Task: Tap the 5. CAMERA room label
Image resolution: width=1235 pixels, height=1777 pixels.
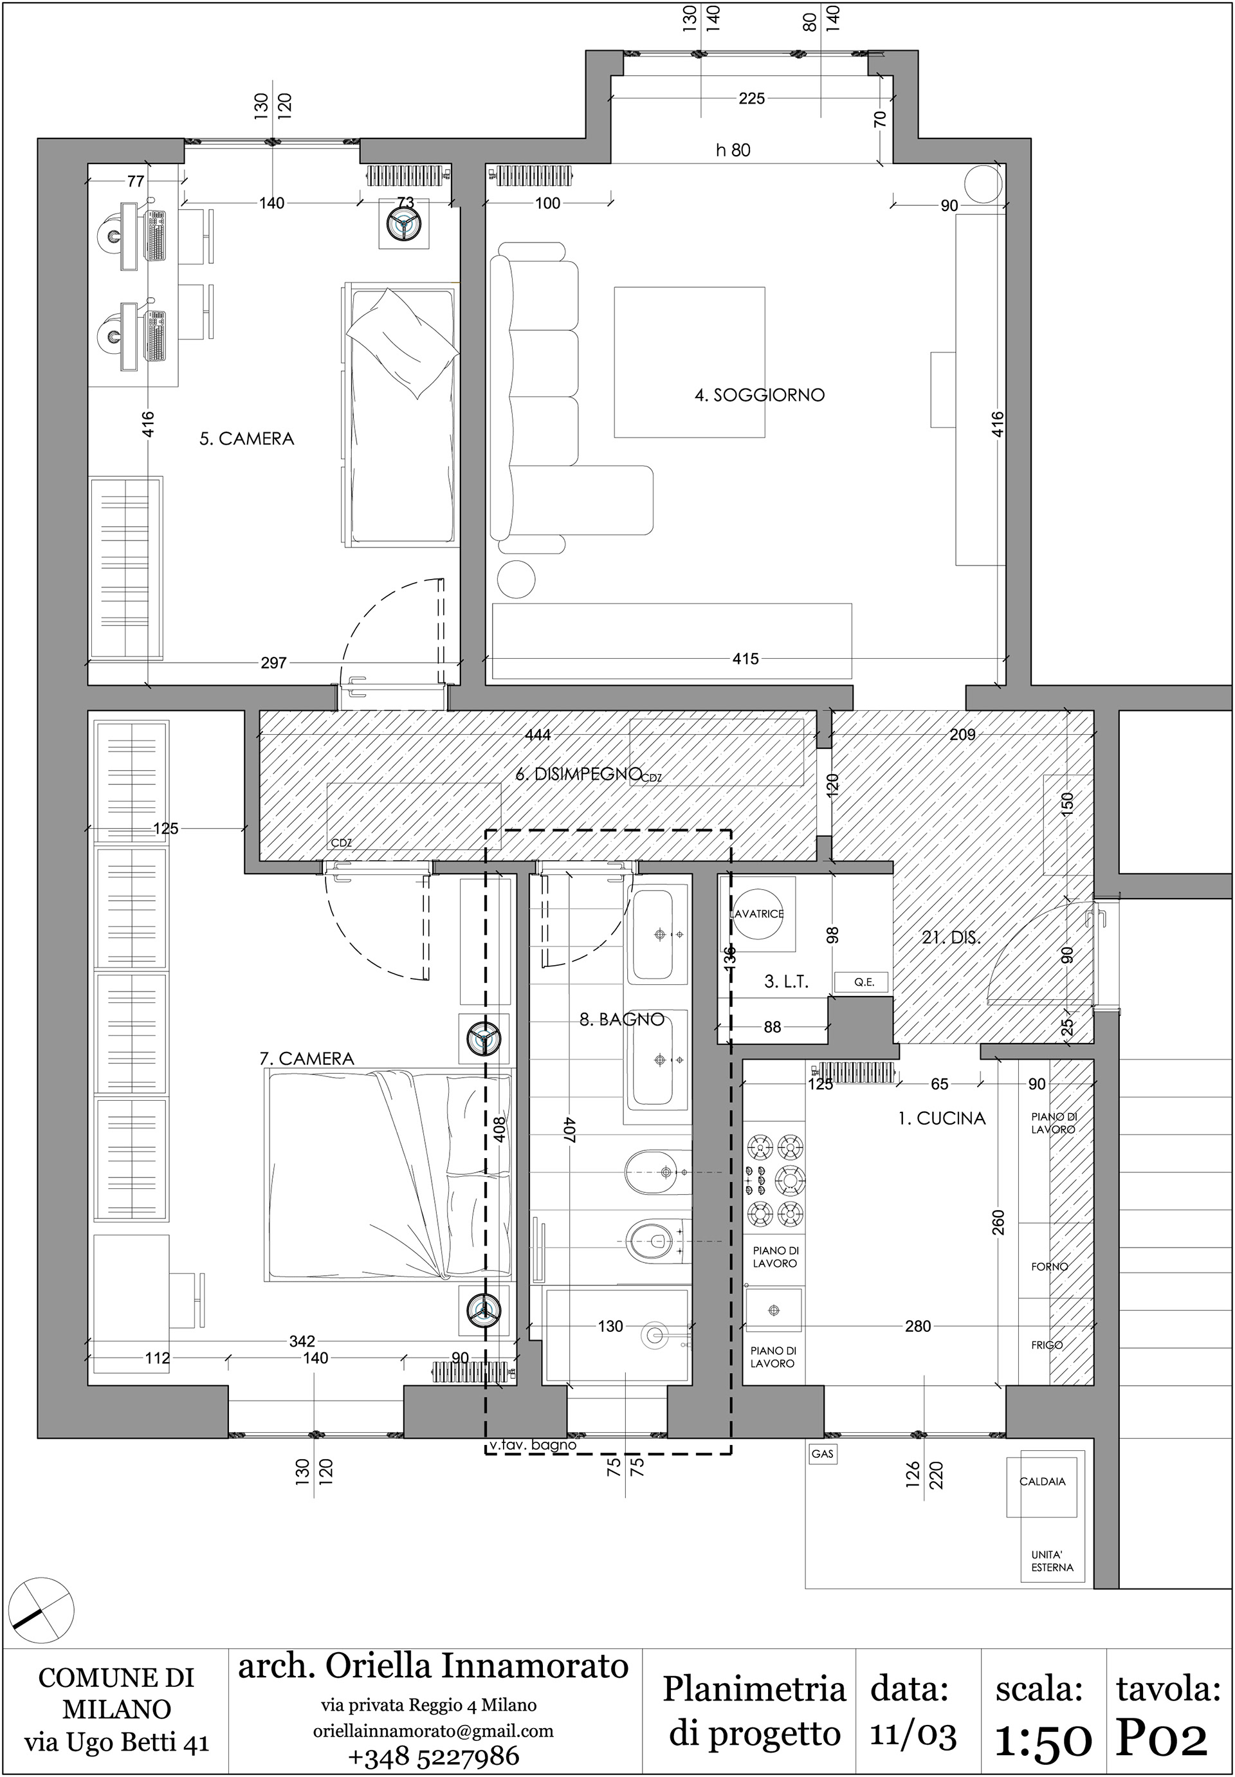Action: (x=247, y=439)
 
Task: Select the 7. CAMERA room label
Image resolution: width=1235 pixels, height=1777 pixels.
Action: (x=307, y=1059)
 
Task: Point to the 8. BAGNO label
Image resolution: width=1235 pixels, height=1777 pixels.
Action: (x=622, y=1019)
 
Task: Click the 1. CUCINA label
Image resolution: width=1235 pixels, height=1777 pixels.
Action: (x=942, y=1118)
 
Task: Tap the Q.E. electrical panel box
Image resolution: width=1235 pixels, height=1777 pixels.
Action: (x=864, y=982)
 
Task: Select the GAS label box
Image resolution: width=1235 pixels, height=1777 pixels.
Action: (x=823, y=1454)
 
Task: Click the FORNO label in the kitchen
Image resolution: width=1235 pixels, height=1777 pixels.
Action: (x=1049, y=1267)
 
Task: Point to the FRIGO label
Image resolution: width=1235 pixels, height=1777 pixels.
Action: (x=1047, y=1345)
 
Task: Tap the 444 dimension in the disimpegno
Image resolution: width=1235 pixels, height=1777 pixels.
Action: (x=538, y=735)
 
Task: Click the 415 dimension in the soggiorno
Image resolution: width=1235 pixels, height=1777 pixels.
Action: (x=745, y=659)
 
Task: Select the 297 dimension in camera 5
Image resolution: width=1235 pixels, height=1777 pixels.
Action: (x=273, y=663)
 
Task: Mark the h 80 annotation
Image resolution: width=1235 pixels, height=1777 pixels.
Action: (x=733, y=150)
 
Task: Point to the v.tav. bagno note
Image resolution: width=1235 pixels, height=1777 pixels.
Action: (x=533, y=1445)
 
